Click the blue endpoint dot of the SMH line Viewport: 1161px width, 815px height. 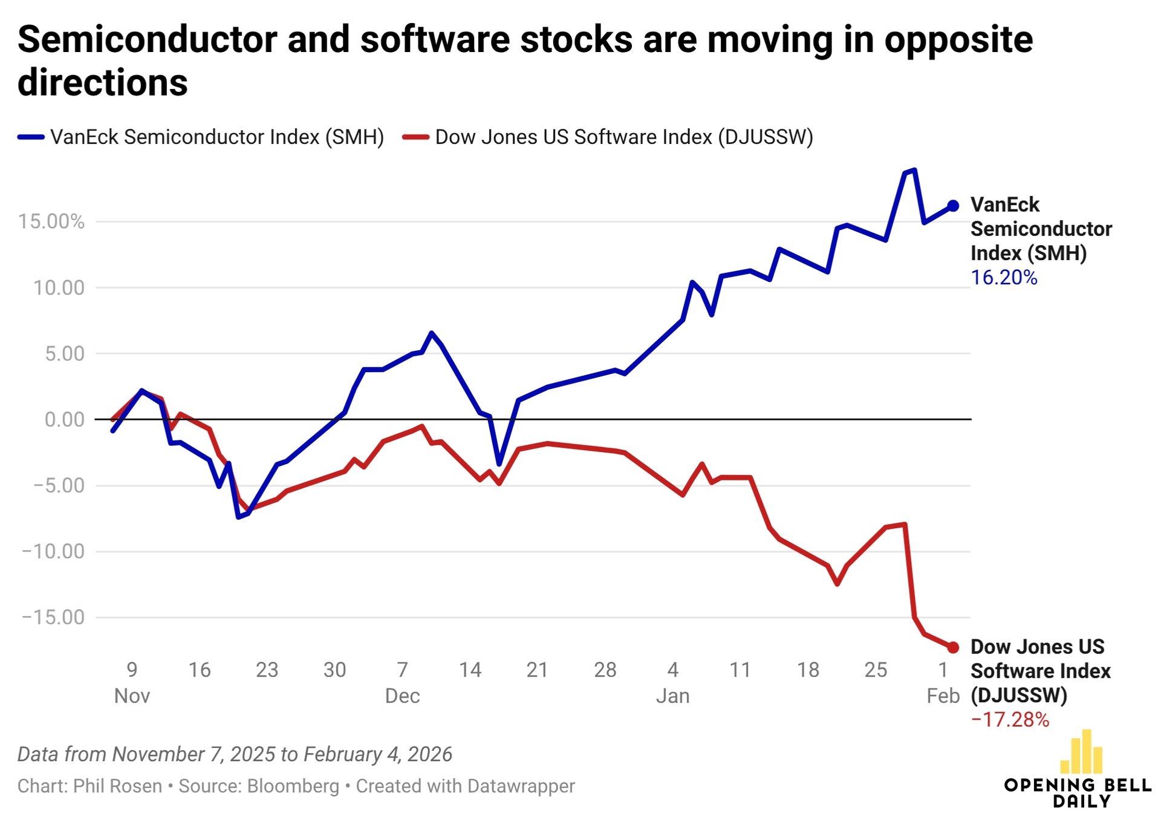tap(953, 206)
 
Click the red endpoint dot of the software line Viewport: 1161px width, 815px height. tap(953, 647)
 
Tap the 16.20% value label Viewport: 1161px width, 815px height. tap(1004, 278)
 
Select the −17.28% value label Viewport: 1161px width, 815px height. tap(1010, 719)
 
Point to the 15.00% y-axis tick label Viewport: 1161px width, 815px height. tap(51, 221)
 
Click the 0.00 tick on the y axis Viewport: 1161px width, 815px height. tap(64, 419)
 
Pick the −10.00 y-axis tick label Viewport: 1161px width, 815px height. tap(53, 551)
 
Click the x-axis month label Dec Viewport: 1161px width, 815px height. tap(402, 696)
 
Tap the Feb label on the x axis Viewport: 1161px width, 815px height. tap(943, 696)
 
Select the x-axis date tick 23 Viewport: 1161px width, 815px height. tap(267, 670)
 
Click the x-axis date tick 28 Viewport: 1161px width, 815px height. tap(605, 670)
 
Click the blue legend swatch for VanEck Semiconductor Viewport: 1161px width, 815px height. tap(31, 137)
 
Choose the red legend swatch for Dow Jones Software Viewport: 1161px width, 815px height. tap(415, 137)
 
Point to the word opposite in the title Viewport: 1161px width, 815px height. tap(958, 40)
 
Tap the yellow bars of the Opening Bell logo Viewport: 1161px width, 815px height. tap(1081, 752)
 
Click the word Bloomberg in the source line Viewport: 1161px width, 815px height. tap(293, 786)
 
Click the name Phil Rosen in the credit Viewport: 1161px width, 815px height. tap(117, 786)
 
